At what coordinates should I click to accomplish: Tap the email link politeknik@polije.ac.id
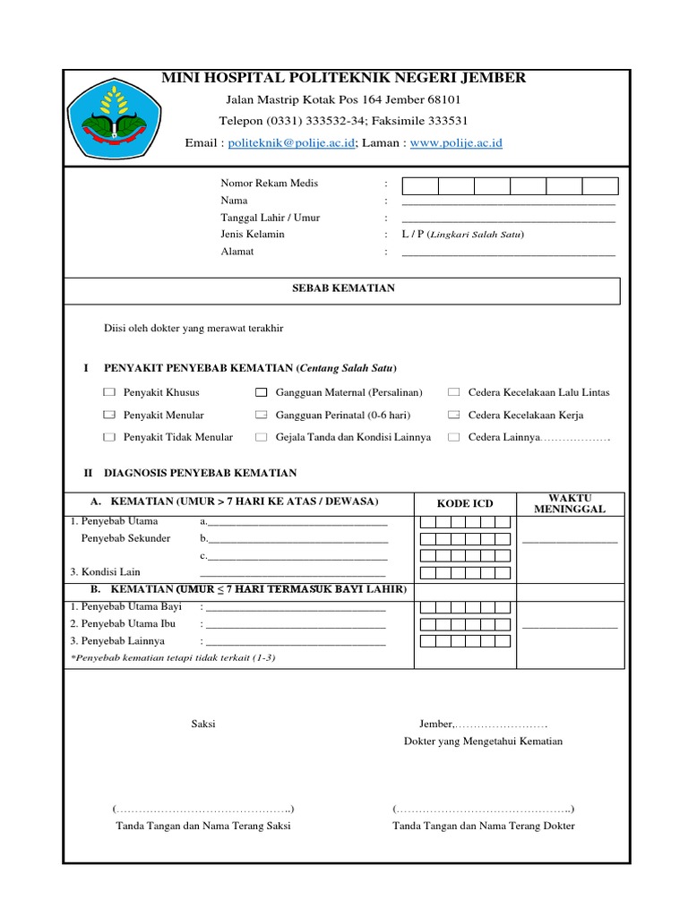click(292, 142)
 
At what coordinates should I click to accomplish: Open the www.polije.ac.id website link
click(456, 142)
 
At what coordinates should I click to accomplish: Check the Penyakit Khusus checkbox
click(108, 392)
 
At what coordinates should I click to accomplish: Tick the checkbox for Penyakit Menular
click(108, 415)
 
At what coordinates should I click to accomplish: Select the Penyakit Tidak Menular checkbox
click(108, 437)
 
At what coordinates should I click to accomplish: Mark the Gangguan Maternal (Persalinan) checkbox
click(261, 392)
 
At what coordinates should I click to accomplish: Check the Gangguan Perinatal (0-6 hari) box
click(261, 415)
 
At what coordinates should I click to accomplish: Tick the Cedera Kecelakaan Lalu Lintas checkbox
click(453, 392)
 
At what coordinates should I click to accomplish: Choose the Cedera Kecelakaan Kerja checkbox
click(453, 415)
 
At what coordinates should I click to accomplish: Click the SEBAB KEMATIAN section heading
click(345, 288)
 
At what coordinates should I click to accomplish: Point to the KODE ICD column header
click(465, 503)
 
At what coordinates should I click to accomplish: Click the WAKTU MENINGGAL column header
click(570, 503)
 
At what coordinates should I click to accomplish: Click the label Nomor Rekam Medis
click(269, 184)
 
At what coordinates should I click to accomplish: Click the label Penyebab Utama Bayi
click(125, 607)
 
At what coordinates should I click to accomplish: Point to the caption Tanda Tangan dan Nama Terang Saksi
click(203, 826)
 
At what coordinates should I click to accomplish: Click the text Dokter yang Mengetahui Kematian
click(483, 741)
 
